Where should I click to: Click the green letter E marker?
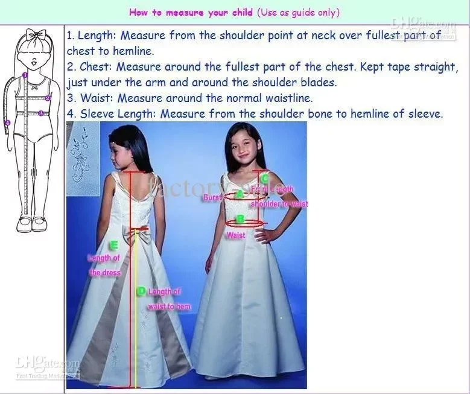[113, 245]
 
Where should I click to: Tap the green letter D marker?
[141, 291]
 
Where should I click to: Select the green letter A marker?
[240, 194]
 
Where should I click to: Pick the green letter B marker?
[240, 219]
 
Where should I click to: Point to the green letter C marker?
[264, 178]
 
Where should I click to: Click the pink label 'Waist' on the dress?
[236, 235]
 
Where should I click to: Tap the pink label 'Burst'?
[213, 197]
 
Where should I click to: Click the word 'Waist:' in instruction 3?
[94, 98]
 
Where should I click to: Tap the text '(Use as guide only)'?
[298, 12]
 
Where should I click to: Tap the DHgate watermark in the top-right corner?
[423, 27]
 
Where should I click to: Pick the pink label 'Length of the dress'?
[105, 265]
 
